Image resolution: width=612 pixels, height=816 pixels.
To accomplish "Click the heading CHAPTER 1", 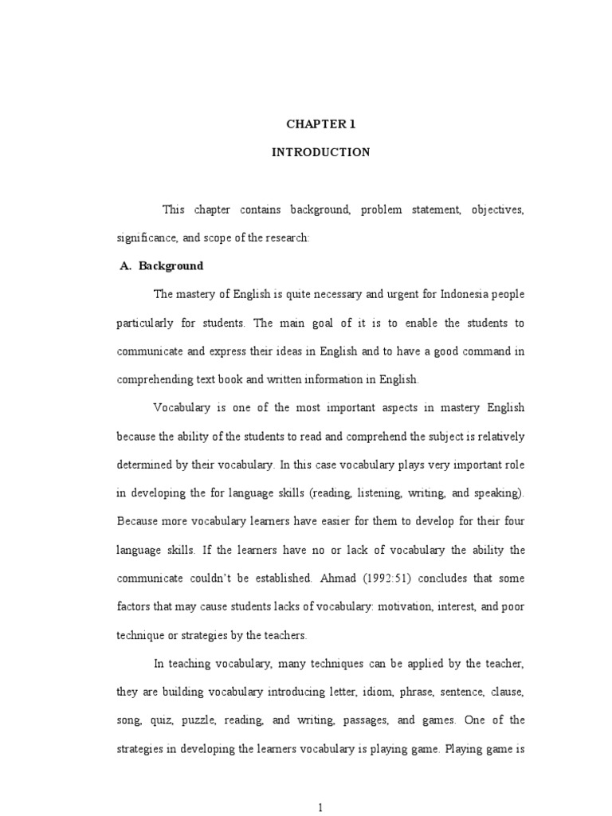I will [x=321, y=124].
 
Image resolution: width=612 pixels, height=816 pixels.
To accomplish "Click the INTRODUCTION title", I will [x=321, y=152].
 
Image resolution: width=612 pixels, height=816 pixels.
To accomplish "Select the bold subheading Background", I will [x=171, y=266].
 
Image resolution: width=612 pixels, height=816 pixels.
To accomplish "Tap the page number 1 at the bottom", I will [x=320, y=807].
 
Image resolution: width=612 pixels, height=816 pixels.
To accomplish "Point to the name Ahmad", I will [x=335, y=579].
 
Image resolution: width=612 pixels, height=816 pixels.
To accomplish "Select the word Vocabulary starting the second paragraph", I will [x=182, y=408].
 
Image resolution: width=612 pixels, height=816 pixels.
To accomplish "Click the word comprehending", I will [x=157, y=380].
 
